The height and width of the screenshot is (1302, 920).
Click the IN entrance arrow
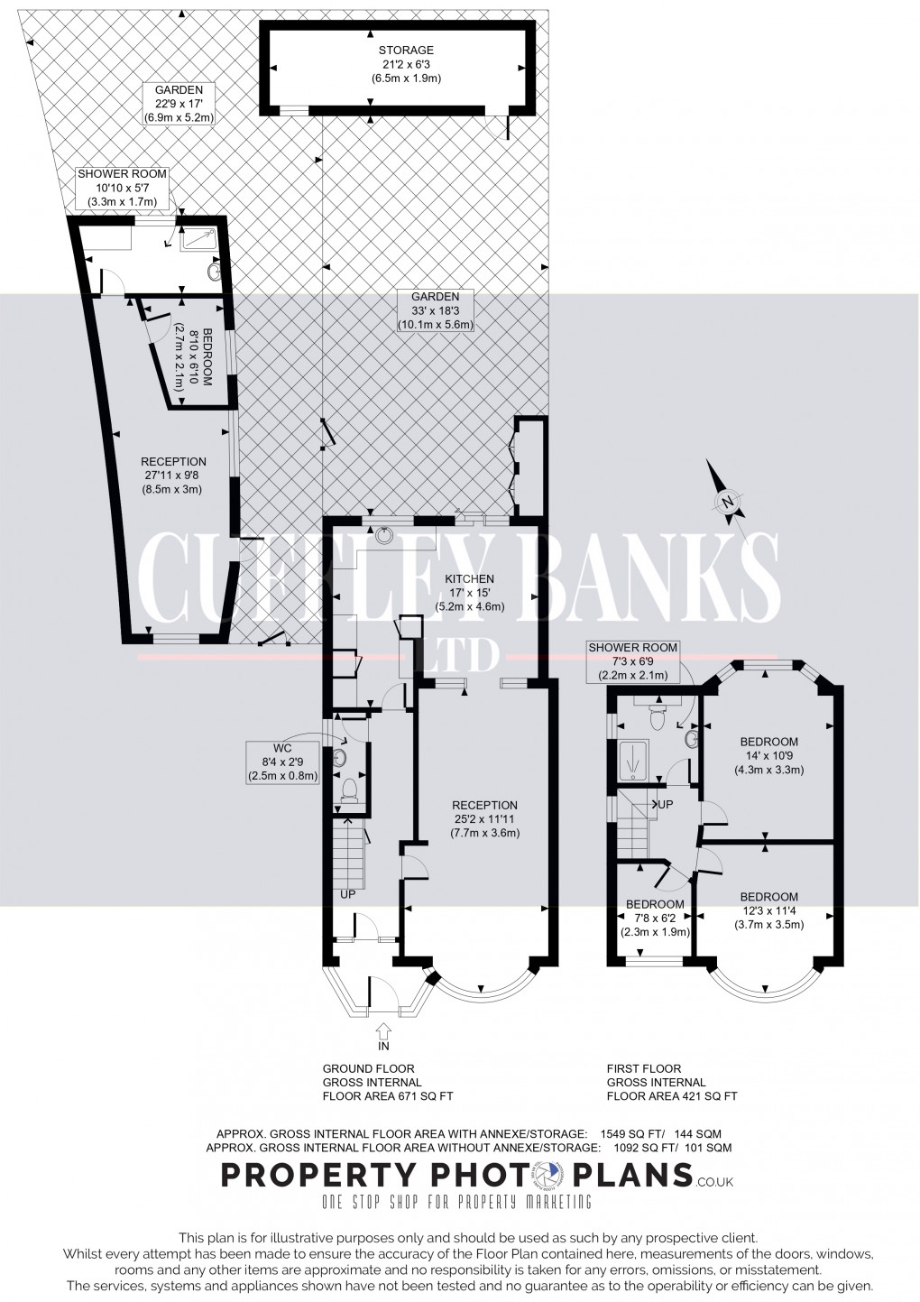(382, 1030)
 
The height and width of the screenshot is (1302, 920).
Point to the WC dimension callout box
(283, 762)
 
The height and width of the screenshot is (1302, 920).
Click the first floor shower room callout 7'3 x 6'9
(631, 661)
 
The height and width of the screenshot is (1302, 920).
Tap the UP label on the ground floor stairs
(347, 894)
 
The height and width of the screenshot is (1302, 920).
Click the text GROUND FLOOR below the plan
(369, 1068)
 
